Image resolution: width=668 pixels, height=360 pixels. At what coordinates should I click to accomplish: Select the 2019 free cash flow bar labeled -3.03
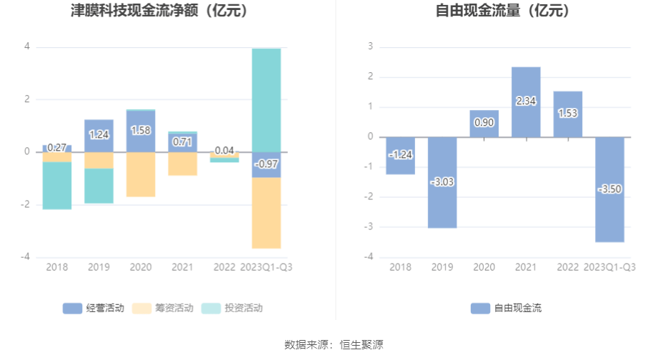pyautogui.click(x=442, y=182)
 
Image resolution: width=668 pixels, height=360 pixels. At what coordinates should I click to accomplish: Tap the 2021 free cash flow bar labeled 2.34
pyautogui.click(x=526, y=101)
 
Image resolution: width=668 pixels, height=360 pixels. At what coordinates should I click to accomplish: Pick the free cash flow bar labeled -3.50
pyautogui.click(x=609, y=189)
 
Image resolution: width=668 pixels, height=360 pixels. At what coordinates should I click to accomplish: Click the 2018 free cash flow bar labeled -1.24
pyautogui.click(x=401, y=155)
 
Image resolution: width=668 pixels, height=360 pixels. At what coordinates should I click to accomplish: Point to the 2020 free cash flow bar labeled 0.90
pyautogui.click(x=484, y=123)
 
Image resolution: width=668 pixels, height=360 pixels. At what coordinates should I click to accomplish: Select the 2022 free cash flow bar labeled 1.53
pyautogui.click(x=567, y=114)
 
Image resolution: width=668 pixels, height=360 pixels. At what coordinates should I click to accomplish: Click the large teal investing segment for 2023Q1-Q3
pyautogui.click(x=266, y=100)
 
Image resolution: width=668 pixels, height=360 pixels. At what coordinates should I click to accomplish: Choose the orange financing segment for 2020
pyautogui.click(x=141, y=174)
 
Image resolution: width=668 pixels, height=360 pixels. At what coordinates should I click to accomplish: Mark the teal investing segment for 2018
pyautogui.click(x=57, y=186)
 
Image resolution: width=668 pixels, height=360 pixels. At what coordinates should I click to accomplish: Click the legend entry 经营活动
pyautogui.click(x=94, y=309)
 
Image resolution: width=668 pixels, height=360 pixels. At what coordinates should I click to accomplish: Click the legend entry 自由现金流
pyautogui.click(x=507, y=309)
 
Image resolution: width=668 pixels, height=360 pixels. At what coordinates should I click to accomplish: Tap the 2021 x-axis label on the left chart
pyautogui.click(x=183, y=267)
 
